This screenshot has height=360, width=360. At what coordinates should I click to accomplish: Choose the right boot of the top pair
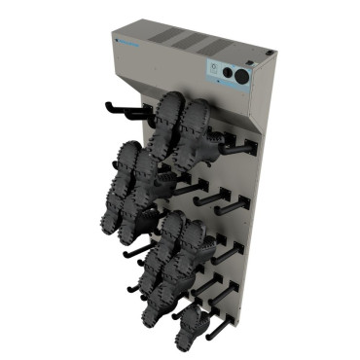point(198,126)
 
